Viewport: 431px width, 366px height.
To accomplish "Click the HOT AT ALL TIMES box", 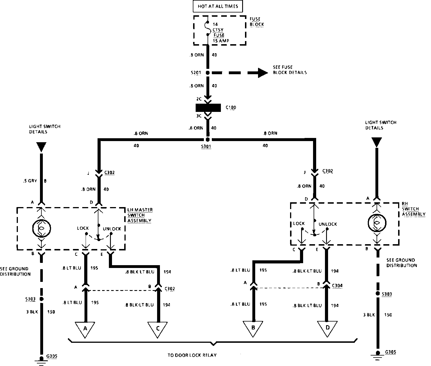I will click(217, 6).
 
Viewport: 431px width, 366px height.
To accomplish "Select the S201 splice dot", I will click(208, 73).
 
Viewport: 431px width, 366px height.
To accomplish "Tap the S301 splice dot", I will click(208, 140).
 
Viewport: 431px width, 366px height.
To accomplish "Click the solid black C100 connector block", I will click(208, 108).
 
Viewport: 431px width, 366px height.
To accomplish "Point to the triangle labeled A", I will click(85, 328).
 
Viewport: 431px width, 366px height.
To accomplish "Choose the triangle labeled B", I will click(253, 327).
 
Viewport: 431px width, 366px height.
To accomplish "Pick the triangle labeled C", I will click(158, 328).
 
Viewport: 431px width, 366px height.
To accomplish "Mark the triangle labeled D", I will click(327, 327).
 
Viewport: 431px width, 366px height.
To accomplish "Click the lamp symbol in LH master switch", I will click(41, 228).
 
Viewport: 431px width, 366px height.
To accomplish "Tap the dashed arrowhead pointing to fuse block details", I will click(262, 73).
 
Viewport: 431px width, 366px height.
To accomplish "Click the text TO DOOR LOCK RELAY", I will click(192, 355).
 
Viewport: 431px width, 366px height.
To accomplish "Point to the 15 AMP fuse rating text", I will click(221, 41).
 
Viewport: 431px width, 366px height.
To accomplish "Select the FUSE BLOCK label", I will click(257, 22).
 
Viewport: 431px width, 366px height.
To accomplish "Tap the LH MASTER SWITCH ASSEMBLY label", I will click(140, 215).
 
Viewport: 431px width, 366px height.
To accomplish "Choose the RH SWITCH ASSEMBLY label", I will click(413, 209).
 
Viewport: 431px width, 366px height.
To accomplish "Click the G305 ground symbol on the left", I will click(41, 359).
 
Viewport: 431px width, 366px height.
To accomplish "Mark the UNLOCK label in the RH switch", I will click(328, 224).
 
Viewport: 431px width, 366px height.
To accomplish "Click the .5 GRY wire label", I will click(30, 181).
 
